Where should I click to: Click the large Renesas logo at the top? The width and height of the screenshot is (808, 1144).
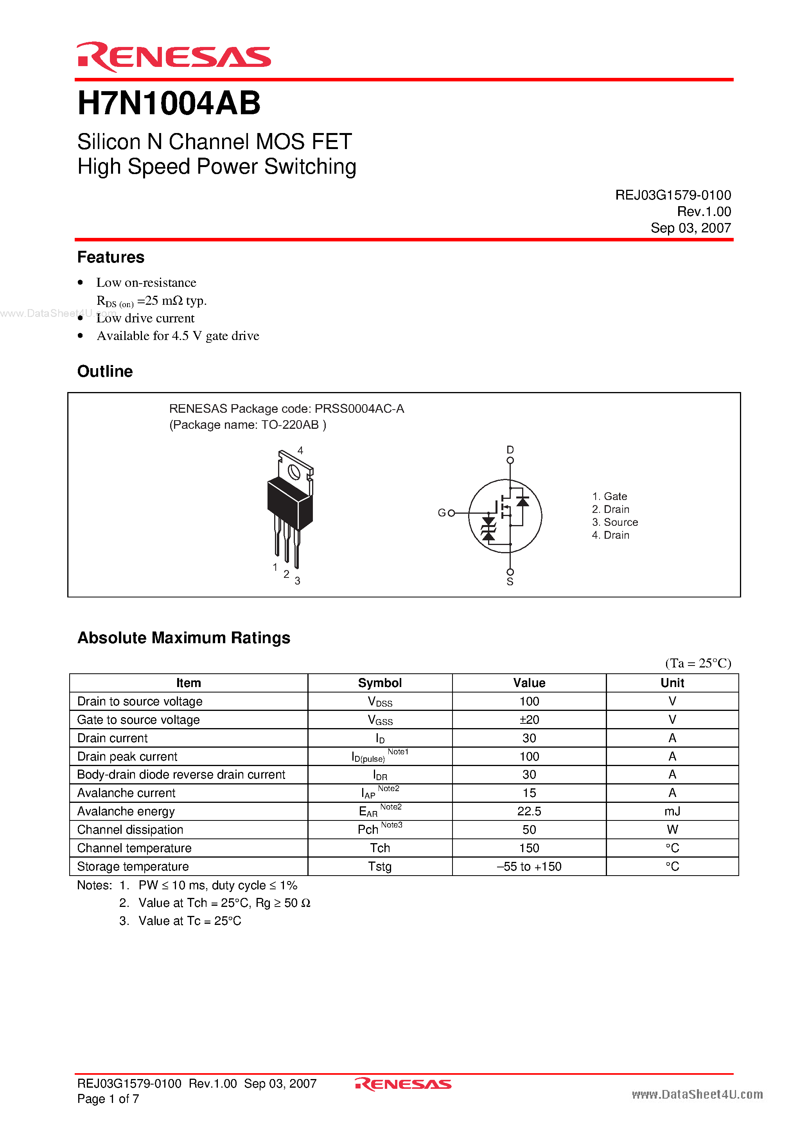pyautogui.click(x=173, y=57)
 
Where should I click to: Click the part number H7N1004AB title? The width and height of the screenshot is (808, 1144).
pyautogui.click(x=169, y=104)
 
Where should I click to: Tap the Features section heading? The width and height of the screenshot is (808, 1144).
pyautogui.click(x=111, y=257)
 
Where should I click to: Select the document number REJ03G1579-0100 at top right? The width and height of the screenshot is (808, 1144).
pyautogui.click(x=673, y=195)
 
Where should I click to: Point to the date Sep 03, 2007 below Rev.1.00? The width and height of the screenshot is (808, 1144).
pyautogui.click(x=690, y=228)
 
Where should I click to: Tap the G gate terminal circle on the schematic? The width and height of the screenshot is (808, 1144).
pyautogui.click(x=451, y=513)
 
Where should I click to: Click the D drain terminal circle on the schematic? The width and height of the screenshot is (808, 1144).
pyautogui.click(x=510, y=460)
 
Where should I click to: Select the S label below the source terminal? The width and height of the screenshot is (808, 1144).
pyautogui.click(x=510, y=582)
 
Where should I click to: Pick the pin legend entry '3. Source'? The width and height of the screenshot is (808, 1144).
pyautogui.click(x=615, y=522)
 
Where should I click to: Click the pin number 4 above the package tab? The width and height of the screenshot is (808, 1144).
pyautogui.click(x=300, y=450)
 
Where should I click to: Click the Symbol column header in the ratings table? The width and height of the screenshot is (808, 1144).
pyautogui.click(x=380, y=683)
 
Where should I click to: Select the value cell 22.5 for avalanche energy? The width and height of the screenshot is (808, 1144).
pyautogui.click(x=529, y=811)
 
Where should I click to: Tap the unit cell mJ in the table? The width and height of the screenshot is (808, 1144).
pyautogui.click(x=672, y=811)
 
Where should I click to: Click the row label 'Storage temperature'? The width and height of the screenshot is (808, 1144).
pyautogui.click(x=133, y=867)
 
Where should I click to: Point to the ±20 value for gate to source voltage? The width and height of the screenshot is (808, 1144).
pyautogui.click(x=529, y=719)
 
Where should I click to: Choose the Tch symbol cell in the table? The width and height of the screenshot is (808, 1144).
pyautogui.click(x=380, y=848)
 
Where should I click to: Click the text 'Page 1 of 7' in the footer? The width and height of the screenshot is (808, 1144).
pyautogui.click(x=108, y=1099)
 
